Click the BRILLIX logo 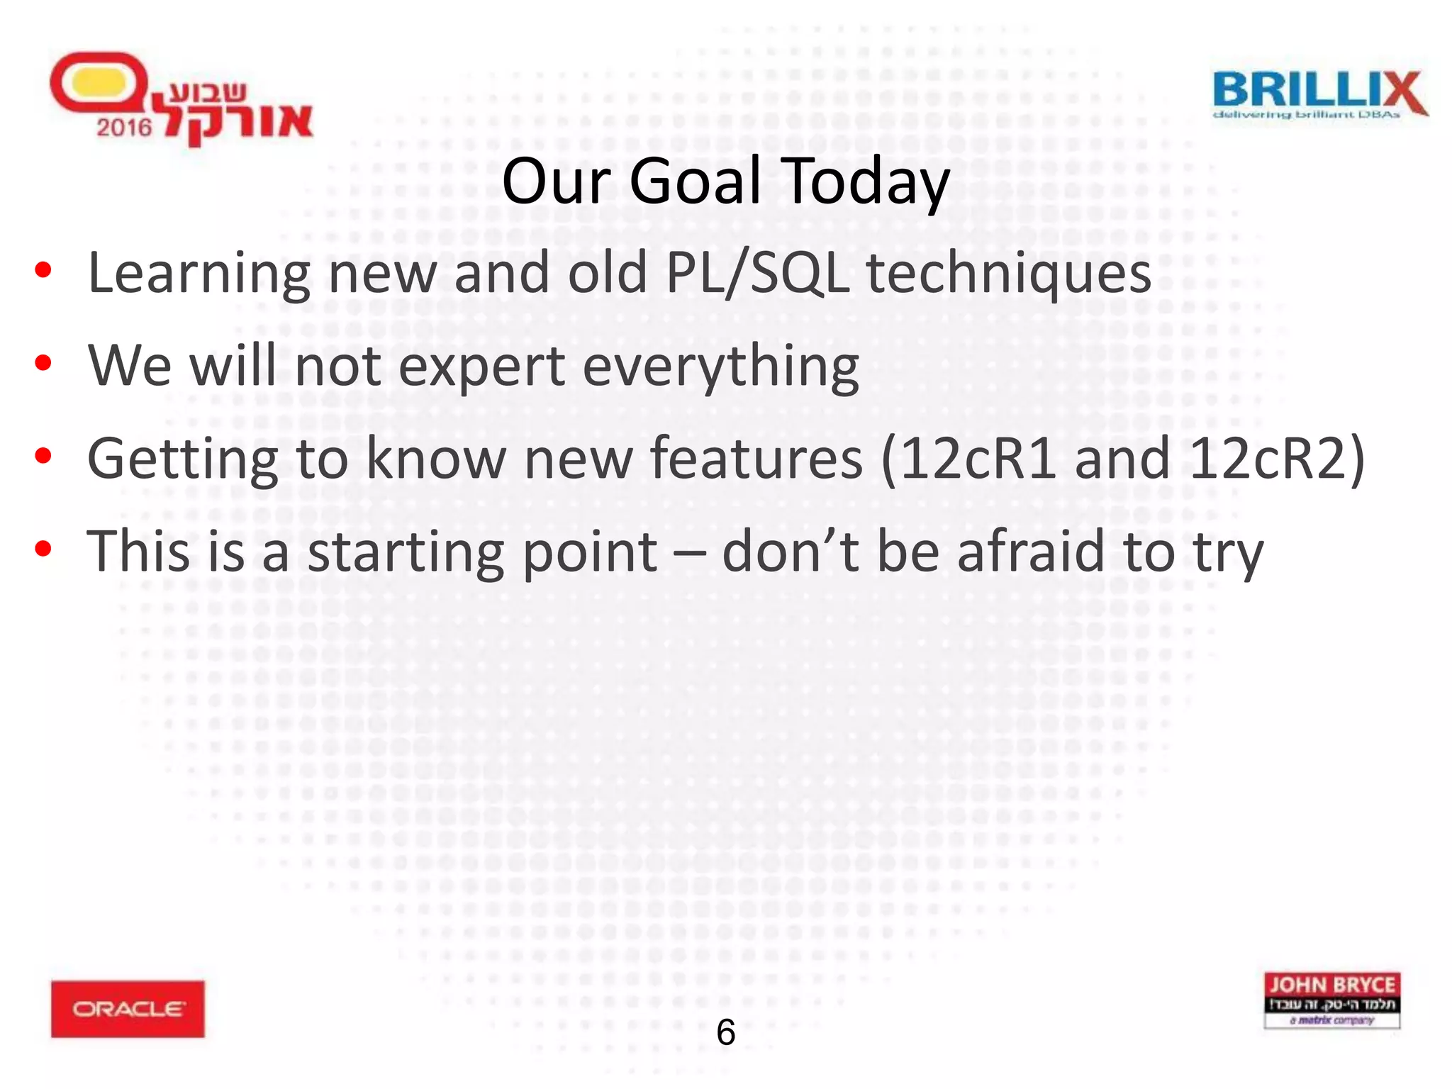coord(1319,94)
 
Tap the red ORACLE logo coord(128,1008)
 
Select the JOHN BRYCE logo coord(1331,1000)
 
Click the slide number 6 coord(725,1032)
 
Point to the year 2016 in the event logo coord(124,128)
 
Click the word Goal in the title coord(694,181)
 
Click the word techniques coord(1009,274)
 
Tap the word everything coord(720,367)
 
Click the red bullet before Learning coord(43,271)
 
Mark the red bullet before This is coord(43,549)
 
